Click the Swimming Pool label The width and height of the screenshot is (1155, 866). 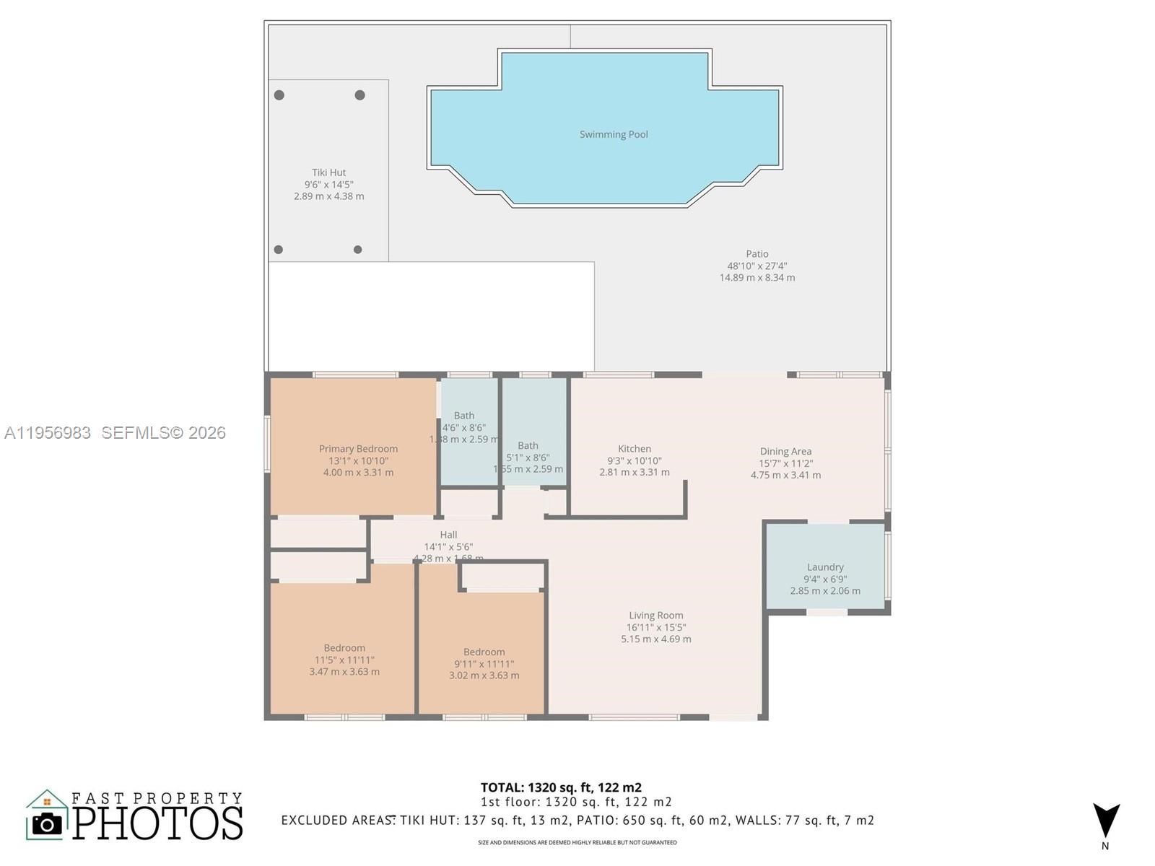[614, 134]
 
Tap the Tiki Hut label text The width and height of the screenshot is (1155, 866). [328, 172]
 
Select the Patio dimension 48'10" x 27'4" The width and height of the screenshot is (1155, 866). [757, 266]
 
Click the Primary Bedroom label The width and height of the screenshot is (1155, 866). [358, 449]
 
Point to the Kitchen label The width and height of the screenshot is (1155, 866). [635, 449]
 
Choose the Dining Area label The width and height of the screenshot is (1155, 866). [785, 452]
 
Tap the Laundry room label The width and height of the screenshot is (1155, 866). [825, 567]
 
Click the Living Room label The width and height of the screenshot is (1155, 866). [655, 616]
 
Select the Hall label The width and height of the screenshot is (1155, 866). [448, 535]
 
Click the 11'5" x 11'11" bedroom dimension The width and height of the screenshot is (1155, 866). [344, 660]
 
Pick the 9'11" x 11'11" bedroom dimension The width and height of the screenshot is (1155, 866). [484, 664]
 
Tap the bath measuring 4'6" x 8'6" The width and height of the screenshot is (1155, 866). [464, 416]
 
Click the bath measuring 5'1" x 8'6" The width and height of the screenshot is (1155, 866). [528, 446]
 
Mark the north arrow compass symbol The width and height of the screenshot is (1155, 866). [1105, 821]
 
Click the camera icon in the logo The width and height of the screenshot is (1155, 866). [48, 823]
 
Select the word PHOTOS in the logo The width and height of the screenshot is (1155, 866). [158, 823]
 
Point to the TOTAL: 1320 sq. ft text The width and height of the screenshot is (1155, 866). [561, 787]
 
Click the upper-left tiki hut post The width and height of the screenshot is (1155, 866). [279, 95]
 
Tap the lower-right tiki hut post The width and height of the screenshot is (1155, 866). [357, 250]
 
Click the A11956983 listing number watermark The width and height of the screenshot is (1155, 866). [48, 432]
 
